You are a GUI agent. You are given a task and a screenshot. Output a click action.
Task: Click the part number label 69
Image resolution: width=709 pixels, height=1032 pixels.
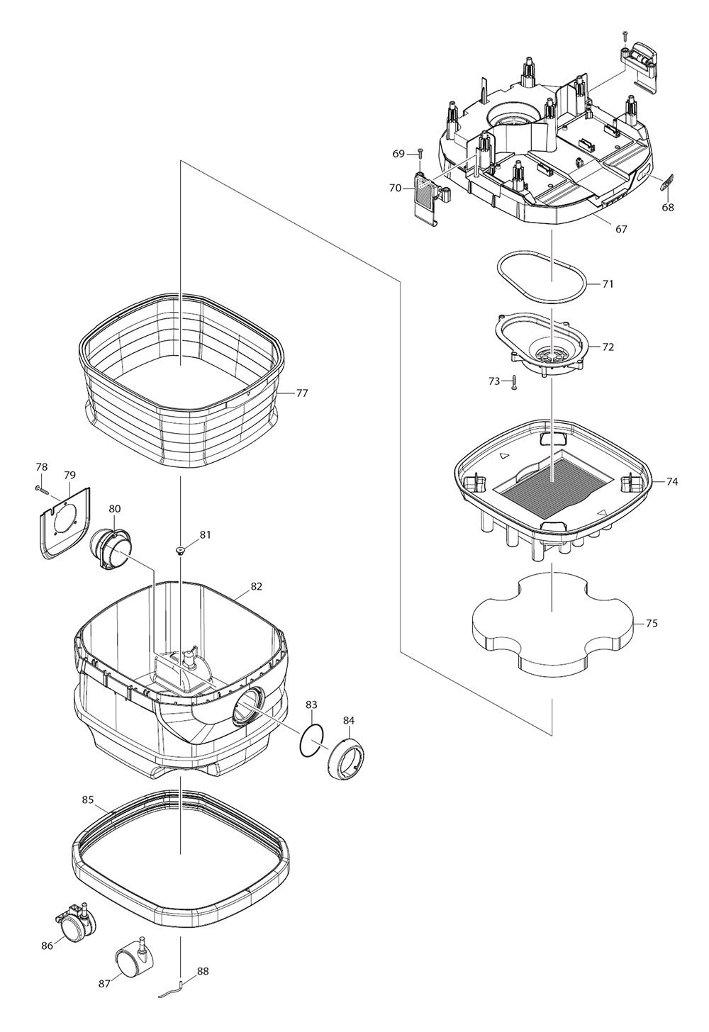point(398,154)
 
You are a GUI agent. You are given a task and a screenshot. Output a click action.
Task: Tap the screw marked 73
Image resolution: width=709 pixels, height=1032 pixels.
point(515,383)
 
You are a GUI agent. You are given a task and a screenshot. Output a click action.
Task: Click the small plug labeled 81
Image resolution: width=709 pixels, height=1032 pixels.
point(182,549)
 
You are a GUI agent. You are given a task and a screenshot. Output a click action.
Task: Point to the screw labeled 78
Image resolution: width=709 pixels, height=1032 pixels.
point(41,488)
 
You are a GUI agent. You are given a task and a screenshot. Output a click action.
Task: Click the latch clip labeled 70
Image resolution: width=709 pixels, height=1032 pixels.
point(428,198)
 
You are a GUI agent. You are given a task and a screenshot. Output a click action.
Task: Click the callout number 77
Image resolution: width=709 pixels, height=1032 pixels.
point(302,393)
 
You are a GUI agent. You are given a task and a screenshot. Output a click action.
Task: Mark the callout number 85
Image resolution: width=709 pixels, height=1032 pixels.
point(88,800)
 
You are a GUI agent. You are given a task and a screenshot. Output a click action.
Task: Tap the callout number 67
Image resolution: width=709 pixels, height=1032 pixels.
point(621,229)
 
